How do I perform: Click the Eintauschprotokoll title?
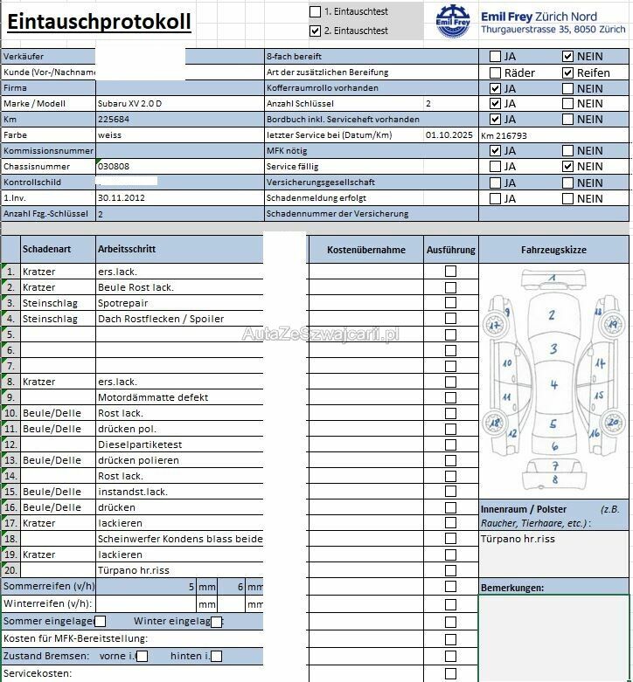[99, 22]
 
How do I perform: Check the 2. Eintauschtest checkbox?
[316, 31]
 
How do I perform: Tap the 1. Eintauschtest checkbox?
[316, 12]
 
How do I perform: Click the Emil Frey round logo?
[453, 21]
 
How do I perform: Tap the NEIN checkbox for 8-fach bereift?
[567, 57]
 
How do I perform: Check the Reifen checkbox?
[567, 72]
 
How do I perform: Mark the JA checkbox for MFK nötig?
[496, 151]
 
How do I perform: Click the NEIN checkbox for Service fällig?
[567, 167]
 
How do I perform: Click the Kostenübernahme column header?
[365, 250]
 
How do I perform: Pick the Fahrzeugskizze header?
[553, 250]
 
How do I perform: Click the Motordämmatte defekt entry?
[153, 397]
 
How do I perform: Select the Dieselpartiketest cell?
[140, 444]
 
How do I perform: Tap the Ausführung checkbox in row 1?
[450, 272]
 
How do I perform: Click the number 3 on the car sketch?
[553, 349]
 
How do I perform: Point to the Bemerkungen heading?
[512, 588]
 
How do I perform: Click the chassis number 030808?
[114, 167]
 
